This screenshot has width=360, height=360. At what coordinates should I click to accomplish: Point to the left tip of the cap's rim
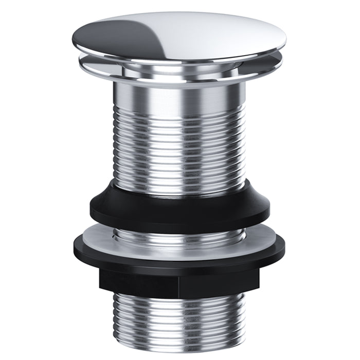70,43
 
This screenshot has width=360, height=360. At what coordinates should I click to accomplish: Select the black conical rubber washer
180,206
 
